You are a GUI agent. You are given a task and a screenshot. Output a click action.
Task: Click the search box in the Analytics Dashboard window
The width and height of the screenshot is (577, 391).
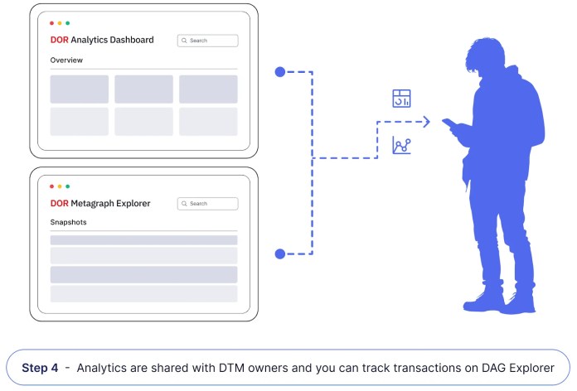tap(207, 40)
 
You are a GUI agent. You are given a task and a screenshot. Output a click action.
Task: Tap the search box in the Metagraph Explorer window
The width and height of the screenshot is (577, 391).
tap(207, 203)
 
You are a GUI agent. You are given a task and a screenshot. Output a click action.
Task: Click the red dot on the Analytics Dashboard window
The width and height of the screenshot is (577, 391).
tap(51, 23)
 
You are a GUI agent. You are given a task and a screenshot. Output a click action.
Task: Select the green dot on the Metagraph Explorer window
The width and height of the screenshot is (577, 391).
tap(67, 186)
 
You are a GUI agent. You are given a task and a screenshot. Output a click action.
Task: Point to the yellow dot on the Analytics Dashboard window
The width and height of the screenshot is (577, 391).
tap(60, 23)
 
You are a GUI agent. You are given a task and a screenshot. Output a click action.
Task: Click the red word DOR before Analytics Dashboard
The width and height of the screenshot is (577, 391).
tap(59, 40)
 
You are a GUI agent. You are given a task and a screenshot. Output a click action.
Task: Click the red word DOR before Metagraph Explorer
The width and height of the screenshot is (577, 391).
tap(59, 203)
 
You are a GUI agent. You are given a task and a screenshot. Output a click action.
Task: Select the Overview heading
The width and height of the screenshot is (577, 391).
tap(66, 60)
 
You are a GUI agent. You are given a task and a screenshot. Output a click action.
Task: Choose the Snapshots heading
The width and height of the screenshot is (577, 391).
tap(69, 223)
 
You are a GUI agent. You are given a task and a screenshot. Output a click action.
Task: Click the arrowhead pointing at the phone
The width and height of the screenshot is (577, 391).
tap(426, 123)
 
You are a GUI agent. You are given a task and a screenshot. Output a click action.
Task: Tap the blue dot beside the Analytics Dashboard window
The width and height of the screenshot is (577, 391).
tap(280, 72)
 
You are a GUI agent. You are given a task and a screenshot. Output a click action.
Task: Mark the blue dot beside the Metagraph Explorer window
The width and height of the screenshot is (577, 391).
tap(280, 253)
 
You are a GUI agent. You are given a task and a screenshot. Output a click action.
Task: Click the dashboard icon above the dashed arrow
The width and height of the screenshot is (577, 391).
tap(402, 99)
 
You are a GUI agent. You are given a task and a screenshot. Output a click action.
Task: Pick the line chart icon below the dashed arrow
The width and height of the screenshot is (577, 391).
tap(402, 147)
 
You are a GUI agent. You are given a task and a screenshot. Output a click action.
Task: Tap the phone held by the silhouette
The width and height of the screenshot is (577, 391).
tap(450, 124)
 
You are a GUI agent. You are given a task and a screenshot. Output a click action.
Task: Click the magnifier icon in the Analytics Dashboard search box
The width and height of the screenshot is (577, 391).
tap(184, 40)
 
